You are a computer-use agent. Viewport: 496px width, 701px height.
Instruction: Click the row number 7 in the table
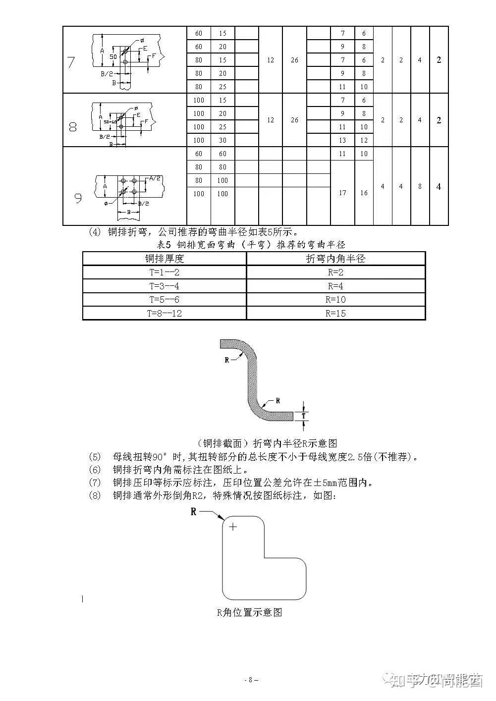click(x=71, y=63)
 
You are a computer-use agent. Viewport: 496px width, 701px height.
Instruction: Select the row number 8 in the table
click(x=72, y=127)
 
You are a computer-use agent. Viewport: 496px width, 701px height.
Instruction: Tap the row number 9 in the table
click(x=78, y=198)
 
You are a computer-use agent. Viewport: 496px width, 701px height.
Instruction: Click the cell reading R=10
click(x=335, y=300)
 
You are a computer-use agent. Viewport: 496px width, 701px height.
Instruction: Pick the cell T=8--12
click(x=164, y=314)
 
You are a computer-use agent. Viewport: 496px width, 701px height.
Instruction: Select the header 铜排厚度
click(x=164, y=259)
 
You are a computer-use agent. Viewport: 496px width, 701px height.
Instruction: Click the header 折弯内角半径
click(x=335, y=259)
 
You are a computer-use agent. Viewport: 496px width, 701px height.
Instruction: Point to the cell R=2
click(x=335, y=272)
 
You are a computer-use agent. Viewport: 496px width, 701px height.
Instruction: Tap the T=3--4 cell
click(x=164, y=286)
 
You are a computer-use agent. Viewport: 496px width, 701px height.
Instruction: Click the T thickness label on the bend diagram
click(x=304, y=416)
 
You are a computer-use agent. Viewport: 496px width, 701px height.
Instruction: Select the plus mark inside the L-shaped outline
click(x=233, y=527)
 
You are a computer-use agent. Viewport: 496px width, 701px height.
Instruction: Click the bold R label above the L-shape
click(x=194, y=512)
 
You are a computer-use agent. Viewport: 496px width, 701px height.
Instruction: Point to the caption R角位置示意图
click(x=249, y=612)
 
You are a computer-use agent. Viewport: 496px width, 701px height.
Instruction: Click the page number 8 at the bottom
click(x=251, y=680)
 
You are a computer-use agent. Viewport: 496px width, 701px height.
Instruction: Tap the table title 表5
click(x=164, y=245)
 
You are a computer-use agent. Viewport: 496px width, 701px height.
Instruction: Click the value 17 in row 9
click(x=342, y=193)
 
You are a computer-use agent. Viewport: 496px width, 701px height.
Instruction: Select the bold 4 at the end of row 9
click(x=439, y=187)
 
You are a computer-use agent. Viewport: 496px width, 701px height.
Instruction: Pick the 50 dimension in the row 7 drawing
click(x=113, y=57)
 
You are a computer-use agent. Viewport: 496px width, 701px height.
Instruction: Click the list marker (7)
click(x=94, y=482)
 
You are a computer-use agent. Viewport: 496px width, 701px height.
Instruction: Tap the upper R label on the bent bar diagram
click(x=227, y=360)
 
